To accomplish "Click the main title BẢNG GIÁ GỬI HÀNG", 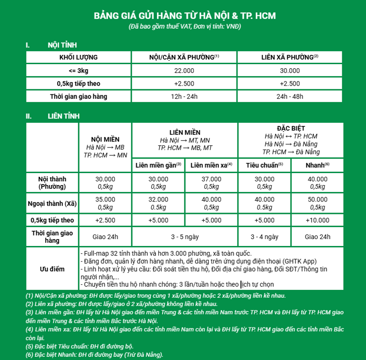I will tap(185, 16).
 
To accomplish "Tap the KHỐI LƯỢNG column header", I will tap(79, 57).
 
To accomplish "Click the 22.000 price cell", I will tap(184, 71).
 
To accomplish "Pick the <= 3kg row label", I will tap(79, 71).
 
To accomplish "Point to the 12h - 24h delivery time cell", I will tap(184, 96).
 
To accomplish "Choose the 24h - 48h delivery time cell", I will tap(290, 96).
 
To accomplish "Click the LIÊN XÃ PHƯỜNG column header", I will tap(290, 57).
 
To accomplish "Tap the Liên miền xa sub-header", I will tap(211, 165).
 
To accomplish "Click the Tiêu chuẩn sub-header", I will tap(264, 165).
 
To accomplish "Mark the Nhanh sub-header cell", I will tap(318, 165).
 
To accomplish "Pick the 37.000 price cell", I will tap(211, 182).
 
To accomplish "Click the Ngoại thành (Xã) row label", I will tap(53, 203).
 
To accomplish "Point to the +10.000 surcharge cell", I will tap(318, 220).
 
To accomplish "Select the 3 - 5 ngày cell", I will tap(185, 237).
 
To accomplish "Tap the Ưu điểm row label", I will tap(53, 269).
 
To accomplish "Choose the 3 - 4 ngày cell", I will tap(264, 237).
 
